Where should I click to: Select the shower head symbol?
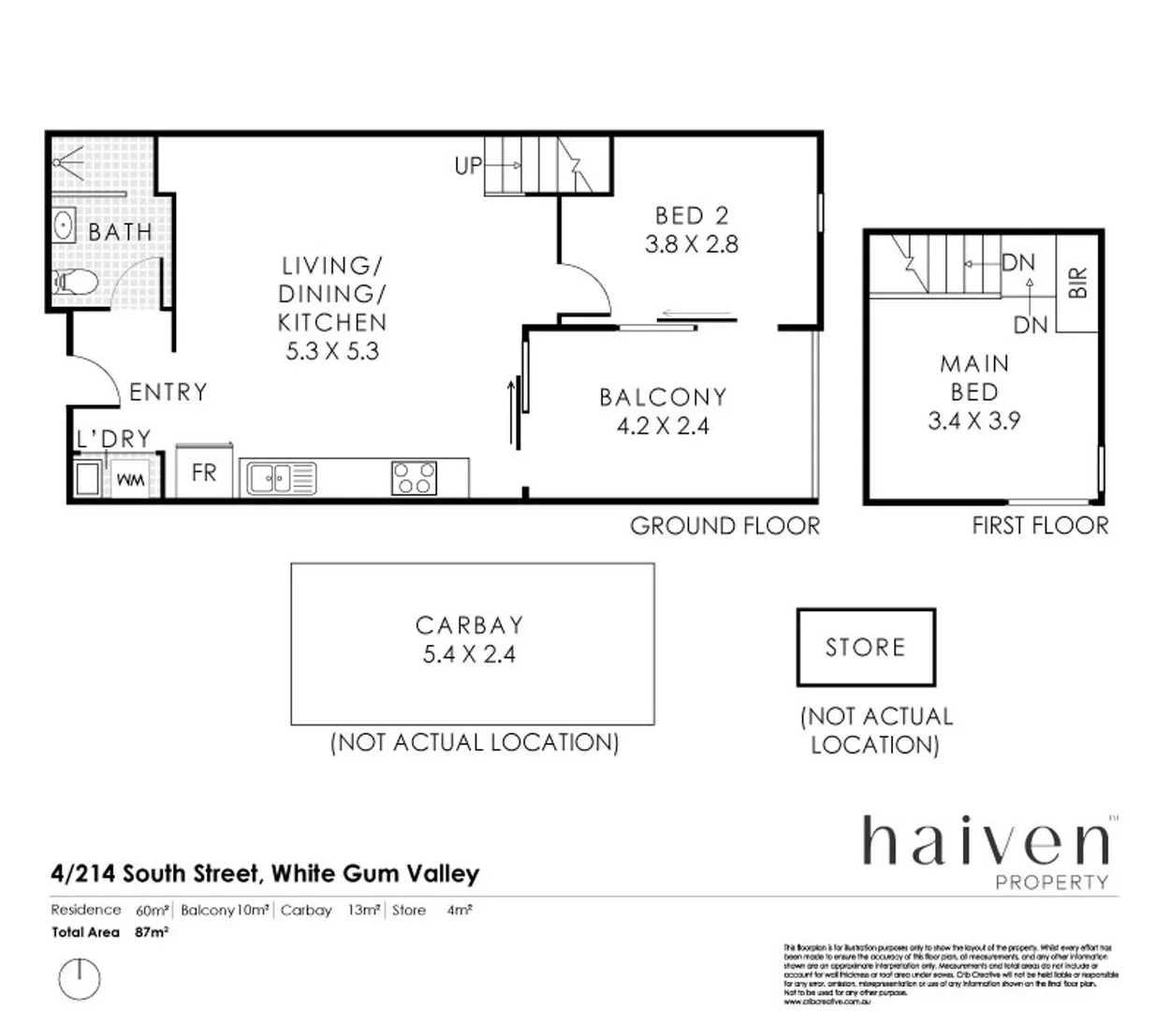click(x=66, y=161)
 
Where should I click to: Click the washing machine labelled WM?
click(x=130, y=479)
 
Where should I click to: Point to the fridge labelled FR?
click(x=203, y=474)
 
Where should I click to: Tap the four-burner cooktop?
click(x=414, y=477)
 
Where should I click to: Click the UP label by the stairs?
click(x=468, y=166)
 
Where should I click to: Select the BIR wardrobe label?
click(x=1077, y=282)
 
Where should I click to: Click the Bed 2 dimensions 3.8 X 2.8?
click(x=692, y=244)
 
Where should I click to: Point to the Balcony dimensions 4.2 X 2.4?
click(x=663, y=426)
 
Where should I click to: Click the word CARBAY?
click(x=469, y=625)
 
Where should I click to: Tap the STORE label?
click(x=865, y=648)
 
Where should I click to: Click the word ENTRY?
click(x=168, y=392)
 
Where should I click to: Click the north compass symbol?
click(x=79, y=978)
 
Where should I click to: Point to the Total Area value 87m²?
click(x=152, y=932)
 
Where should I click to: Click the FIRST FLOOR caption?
click(x=1039, y=526)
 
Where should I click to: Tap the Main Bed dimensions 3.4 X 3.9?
click(x=973, y=421)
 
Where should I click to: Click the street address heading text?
click(x=265, y=874)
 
